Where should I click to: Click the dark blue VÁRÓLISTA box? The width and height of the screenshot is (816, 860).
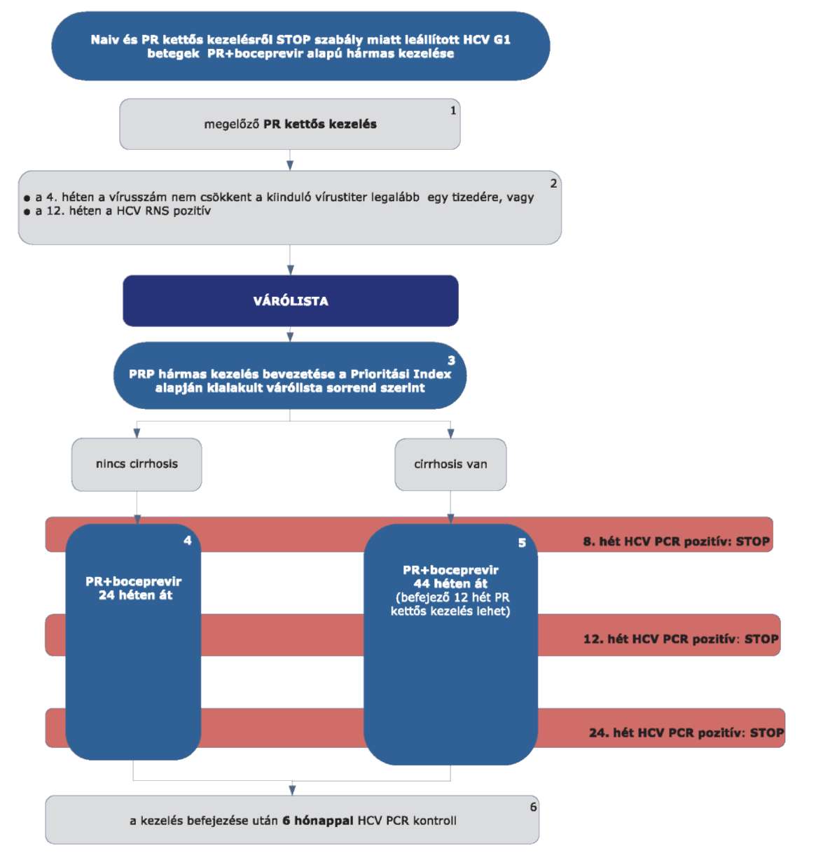tap(291, 300)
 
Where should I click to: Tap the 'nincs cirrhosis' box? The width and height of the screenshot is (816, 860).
tap(137, 464)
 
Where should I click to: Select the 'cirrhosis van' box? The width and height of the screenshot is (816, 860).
tap(450, 464)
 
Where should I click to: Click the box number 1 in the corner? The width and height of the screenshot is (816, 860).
tap(453, 111)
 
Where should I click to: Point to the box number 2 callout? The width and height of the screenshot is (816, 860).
tap(553, 183)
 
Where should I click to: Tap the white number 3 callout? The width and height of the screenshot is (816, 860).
tap(452, 360)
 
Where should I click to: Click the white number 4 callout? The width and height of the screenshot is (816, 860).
tap(188, 541)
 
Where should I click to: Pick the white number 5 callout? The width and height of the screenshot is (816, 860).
tap(522, 543)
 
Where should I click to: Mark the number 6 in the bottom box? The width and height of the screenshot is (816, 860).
tap(533, 807)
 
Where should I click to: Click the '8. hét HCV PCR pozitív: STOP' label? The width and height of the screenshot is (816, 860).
tap(676, 541)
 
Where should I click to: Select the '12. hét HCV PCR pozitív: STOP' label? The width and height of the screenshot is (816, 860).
tap(681, 639)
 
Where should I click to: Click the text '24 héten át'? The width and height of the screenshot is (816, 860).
tap(136, 595)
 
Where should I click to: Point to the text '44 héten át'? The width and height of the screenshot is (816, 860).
tap(450, 583)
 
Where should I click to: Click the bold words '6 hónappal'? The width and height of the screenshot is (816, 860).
tap(318, 821)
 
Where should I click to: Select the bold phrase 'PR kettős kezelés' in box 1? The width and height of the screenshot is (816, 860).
tap(320, 124)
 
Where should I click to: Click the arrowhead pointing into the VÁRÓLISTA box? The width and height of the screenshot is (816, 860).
tap(290, 270)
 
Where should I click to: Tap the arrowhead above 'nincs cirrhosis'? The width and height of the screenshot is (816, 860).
tap(137, 433)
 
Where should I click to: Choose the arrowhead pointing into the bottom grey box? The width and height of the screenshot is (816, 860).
tap(292, 791)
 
